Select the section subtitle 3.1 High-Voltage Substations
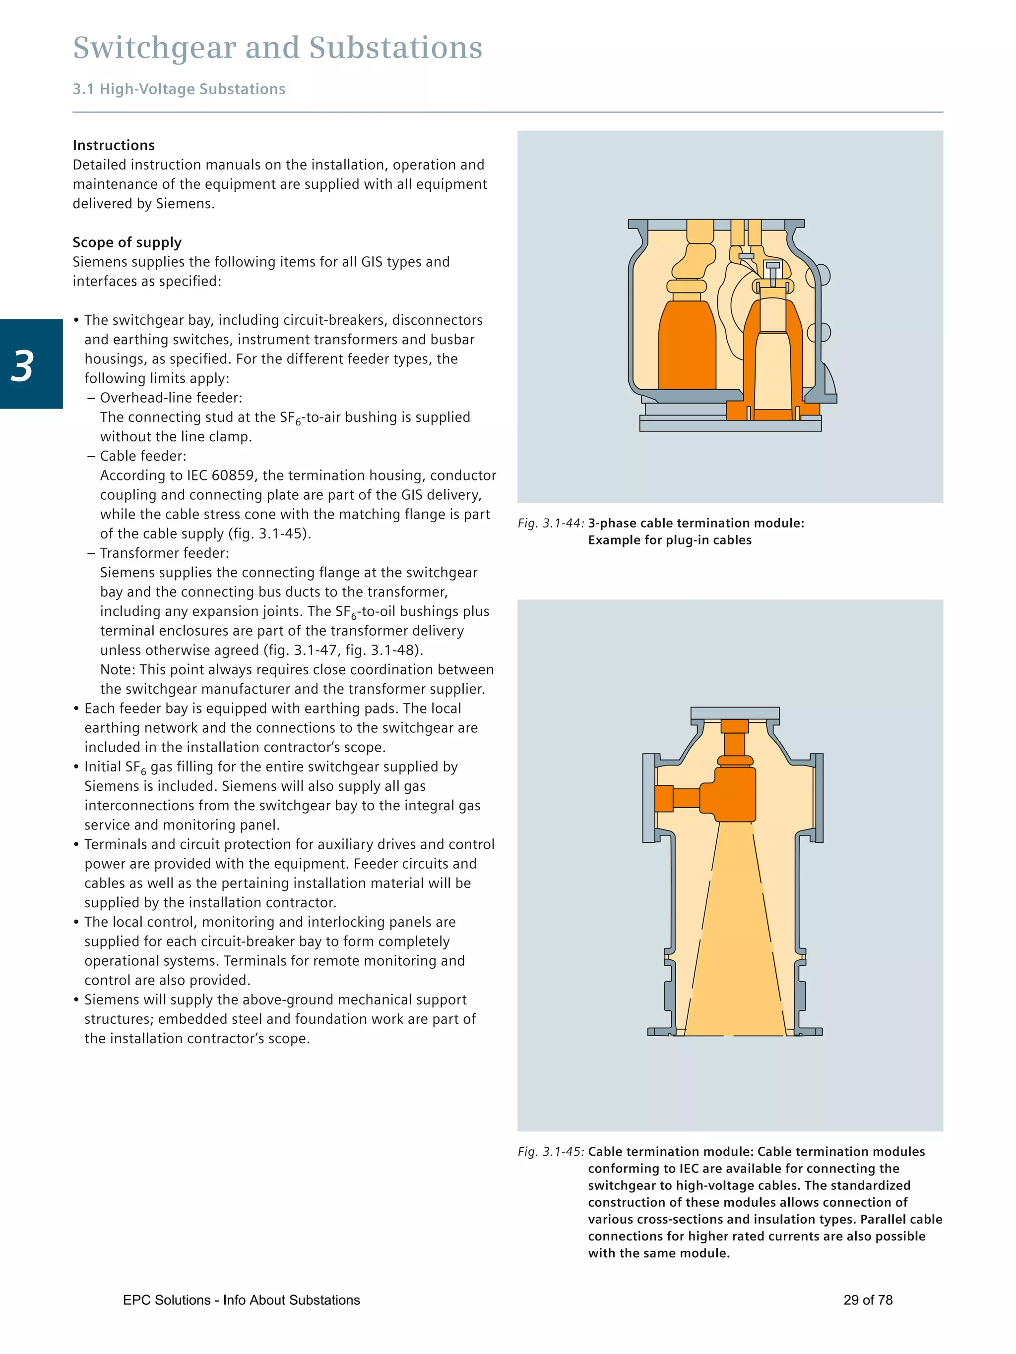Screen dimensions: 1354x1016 click(x=179, y=89)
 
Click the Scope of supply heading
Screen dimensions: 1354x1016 click(x=127, y=242)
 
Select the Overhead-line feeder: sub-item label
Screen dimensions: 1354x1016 click(x=171, y=398)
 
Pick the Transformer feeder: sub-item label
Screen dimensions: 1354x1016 click(x=164, y=553)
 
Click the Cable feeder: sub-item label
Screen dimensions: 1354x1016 click(x=143, y=456)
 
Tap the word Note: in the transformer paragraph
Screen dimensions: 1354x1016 click(x=118, y=670)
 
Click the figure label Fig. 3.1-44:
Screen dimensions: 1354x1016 click(x=551, y=524)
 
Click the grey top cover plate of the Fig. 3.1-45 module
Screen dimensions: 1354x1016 click(x=734, y=713)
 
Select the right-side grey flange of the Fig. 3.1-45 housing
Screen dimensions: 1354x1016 click(x=819, y=798)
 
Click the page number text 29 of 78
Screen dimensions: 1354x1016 click(x=867, y=1300)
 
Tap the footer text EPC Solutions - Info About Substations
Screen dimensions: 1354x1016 click(x=241, y=1300)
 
